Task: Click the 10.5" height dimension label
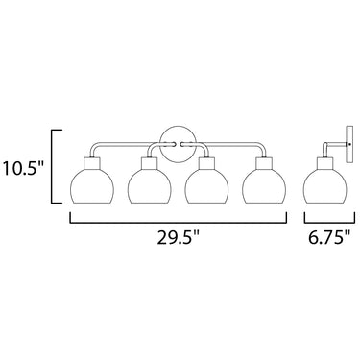(22, 169)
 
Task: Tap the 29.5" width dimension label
(179, 238)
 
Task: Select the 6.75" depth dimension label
(329, 238)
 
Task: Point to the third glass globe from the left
(207, 187)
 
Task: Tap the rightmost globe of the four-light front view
(265, 187)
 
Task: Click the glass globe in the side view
(325, 187)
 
